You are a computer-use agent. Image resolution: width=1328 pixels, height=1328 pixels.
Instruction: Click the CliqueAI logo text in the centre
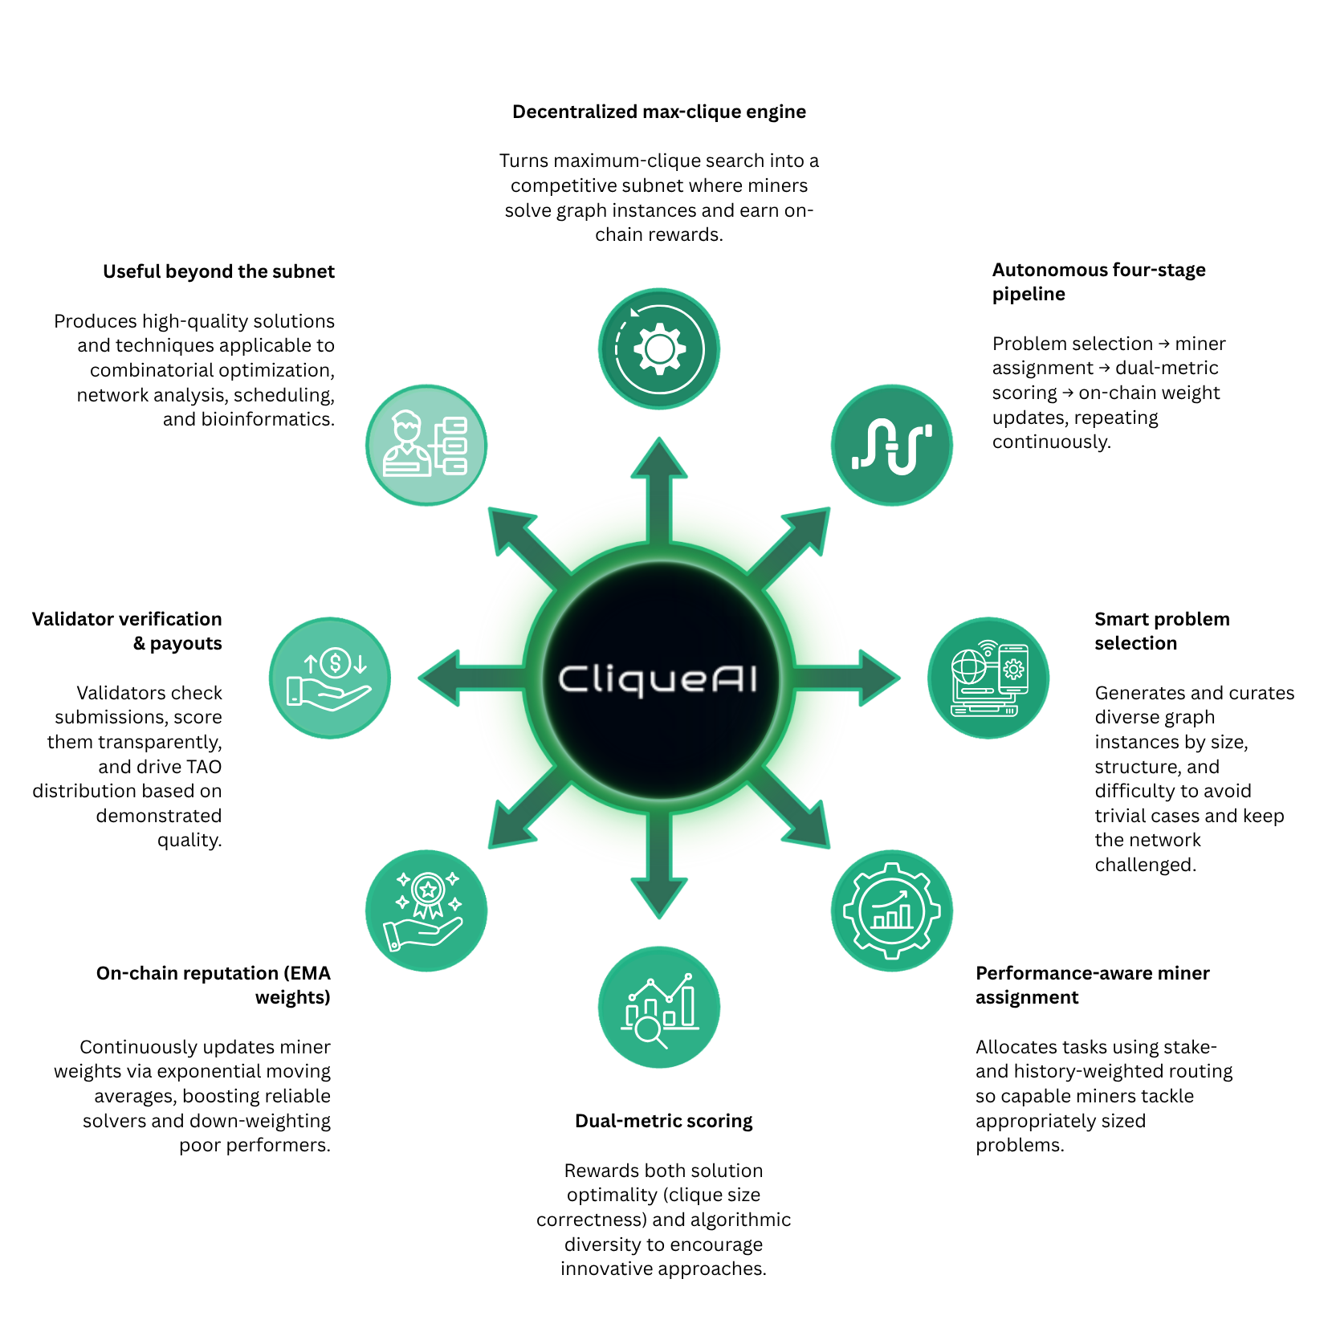click(658, 679)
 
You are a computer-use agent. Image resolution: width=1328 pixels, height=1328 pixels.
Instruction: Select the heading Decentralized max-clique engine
click(658, 112)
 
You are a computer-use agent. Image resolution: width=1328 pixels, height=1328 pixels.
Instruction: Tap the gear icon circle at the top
click(658, 348)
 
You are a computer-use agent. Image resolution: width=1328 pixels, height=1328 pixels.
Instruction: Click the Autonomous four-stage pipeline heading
click(1098, 282)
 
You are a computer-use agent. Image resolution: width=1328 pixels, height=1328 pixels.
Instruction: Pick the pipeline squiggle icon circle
click(891, 445)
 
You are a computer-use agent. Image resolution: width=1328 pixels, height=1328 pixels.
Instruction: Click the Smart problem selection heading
click(1161, 631)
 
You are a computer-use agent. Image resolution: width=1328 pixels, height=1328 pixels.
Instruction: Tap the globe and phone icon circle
click(988, 678)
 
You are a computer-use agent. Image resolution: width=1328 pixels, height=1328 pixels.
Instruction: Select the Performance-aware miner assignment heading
click(1091, 985)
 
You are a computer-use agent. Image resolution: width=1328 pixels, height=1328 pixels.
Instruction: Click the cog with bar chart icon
click(891, 910)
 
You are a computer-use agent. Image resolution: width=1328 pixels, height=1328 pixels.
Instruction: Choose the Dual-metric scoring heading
click(663, 1121)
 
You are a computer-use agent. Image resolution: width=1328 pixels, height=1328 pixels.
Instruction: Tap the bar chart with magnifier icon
click(658, 1007)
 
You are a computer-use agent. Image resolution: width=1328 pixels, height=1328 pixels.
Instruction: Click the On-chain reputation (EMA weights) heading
click(214, 985)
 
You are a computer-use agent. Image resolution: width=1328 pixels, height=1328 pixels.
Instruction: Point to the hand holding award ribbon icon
click(426, 910)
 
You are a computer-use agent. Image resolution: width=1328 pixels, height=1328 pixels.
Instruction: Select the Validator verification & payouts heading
click(128, 631)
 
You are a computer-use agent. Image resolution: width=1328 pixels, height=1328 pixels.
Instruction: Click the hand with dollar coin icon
click(329, 678)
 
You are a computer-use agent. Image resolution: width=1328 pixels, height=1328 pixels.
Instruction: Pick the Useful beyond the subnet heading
click(218, 271)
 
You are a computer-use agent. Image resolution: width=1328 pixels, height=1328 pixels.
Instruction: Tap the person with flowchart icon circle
click(426, 445)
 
